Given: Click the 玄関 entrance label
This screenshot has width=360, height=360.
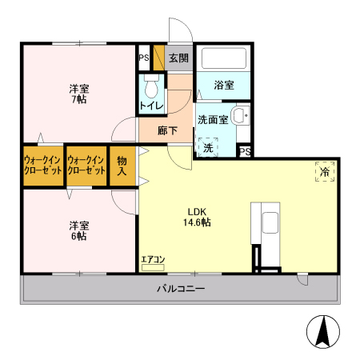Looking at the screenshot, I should (179, 58).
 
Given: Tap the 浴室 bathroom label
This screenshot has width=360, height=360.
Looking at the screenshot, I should (223, 85).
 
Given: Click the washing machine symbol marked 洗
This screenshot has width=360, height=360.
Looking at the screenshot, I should (208, 148).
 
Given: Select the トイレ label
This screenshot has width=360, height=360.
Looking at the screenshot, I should (151, 106).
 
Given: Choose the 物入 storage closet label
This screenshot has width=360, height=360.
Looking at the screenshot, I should (122, 166).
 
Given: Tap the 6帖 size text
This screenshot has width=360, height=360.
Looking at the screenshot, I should (78, 236).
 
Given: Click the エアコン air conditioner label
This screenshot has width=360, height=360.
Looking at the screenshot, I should (153, 258).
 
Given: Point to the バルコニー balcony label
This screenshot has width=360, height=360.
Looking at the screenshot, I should (180, 289).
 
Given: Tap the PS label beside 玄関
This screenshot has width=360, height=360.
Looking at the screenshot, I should (144, 58).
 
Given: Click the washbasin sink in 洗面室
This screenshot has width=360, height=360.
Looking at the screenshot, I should (239, 116).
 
